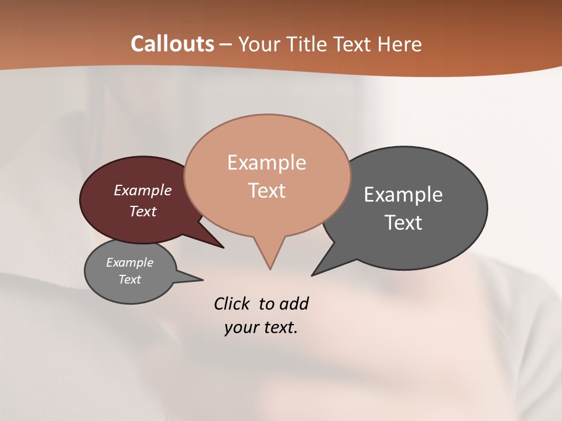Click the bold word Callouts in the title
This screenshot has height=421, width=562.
(172, 44)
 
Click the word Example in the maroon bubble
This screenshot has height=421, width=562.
(142, 190)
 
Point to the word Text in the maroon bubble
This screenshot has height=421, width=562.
(142, 211)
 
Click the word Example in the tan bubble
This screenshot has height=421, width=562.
(266, 163)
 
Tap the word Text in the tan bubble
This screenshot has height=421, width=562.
(266, 191)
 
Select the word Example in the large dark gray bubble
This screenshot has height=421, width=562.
(403, 195)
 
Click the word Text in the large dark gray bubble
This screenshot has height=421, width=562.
(403, 223)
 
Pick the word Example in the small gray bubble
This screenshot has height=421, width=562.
(129, 263)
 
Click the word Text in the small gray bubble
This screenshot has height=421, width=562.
(129, 279)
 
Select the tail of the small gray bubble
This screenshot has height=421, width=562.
(196, 279)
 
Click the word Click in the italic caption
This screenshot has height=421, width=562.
(231, 304)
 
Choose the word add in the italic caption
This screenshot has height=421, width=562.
(294, 304)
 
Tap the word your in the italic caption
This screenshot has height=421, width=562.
(241, 327)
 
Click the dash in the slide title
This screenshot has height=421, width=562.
(226, 44)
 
